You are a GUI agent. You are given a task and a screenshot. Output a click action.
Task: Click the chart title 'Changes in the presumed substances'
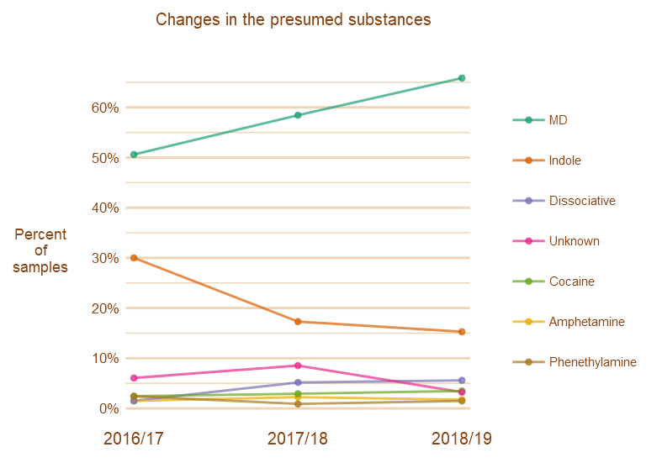293,19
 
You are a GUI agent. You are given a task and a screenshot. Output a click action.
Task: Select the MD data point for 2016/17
134,155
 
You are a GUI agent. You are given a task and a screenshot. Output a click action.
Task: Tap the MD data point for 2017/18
298,115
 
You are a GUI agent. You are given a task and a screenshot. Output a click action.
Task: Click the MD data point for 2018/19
462,78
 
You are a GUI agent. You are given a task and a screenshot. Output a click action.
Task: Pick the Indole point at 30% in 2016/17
134,258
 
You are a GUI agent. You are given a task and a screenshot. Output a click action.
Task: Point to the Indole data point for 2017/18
298,322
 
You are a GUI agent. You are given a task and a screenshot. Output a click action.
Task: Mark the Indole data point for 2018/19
462,332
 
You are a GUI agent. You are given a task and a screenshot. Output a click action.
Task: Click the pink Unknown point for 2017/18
298,366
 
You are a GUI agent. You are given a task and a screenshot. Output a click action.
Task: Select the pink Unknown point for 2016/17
134,378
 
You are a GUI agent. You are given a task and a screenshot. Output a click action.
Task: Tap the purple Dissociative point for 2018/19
462,381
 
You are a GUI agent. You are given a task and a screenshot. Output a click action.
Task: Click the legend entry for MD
558,120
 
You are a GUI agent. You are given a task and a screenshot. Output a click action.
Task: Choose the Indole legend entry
564,160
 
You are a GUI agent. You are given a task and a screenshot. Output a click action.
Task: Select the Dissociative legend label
581,201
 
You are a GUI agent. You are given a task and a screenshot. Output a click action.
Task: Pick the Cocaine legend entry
571,281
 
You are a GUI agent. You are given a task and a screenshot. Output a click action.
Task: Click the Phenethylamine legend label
592,362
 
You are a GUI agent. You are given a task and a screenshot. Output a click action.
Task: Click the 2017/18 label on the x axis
298,439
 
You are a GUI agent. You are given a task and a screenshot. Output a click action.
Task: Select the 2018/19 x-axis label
462,439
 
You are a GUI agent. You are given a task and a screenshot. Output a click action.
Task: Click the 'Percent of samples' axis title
40,250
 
